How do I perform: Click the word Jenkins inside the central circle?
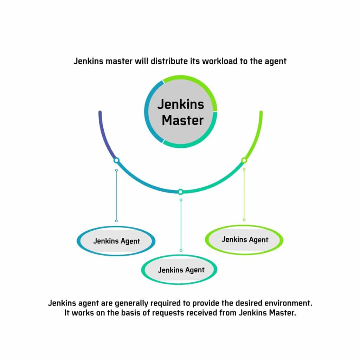tap(181, 104)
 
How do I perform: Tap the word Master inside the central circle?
tap(183, 120)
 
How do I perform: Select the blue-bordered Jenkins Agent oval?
tap(116, 241)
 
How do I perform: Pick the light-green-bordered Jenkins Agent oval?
tap(244, 240)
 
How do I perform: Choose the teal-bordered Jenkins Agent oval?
tap(179, 270)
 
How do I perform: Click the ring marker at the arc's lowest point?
tap(180, 192)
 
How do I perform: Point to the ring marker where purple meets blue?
tap(116, 160)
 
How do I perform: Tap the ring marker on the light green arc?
tap(244, 160)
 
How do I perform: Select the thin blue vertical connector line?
tap(116, 195)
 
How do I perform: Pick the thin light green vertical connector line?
tap(244, 195)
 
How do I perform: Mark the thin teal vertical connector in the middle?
tap(181, 225)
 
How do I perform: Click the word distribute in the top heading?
tap(169, 61)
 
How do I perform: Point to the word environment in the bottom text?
tap(288, 303)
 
